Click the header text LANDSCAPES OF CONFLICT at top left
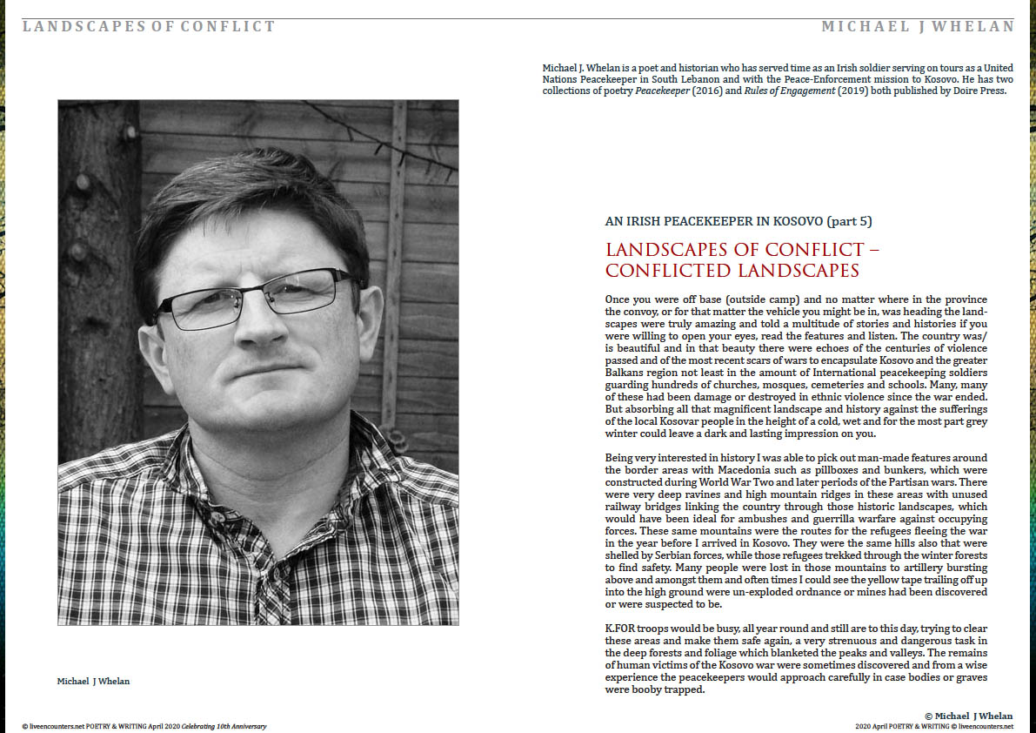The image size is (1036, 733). click(149, 26)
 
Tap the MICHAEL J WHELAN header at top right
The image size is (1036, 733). click(918, 26)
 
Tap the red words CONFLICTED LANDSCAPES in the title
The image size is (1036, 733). click(732, 271)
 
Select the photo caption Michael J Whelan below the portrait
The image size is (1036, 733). click(93, 681)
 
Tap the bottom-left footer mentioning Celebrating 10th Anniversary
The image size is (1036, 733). click(144, 726)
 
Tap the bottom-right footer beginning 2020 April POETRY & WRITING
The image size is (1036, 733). click(934, 726)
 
